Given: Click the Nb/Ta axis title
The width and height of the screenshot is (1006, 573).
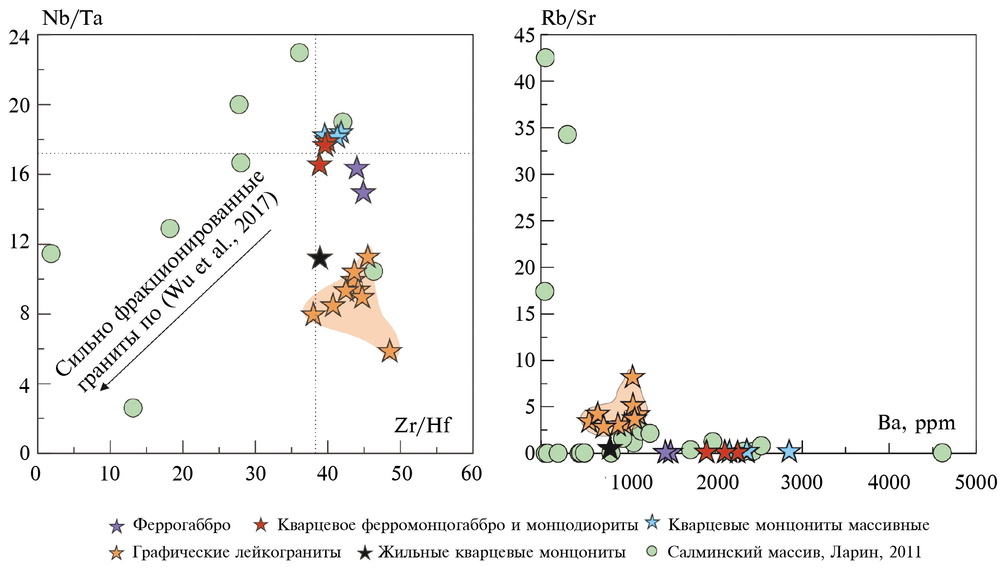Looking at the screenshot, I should coord(73,18).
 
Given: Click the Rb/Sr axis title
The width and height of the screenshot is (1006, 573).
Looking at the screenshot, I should coord(568,18).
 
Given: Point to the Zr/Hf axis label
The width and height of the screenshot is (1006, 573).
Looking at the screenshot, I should coord(422,425).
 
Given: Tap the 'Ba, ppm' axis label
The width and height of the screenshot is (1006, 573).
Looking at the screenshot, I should coord(916,423).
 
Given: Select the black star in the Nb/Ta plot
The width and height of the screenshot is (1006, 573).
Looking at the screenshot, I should coord(319,258).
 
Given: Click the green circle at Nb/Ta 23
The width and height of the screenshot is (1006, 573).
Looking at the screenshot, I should coord(299,53).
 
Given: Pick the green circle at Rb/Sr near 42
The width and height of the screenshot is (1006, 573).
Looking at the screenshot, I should coord(545,57).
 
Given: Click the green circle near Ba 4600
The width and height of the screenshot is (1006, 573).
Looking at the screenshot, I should coord(942,452).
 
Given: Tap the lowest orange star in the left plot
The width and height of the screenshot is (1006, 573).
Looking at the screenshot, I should coord(389,351).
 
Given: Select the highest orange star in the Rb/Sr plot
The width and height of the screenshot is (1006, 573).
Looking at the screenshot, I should coord(632,376).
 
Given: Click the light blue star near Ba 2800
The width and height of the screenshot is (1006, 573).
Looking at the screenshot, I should coord(789,452).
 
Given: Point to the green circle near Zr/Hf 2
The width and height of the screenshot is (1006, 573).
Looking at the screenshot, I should coord(51,253).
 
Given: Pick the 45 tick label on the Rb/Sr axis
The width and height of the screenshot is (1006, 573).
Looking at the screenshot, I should coord(525,36).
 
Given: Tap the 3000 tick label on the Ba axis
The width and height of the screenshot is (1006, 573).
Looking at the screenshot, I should coord(802,482).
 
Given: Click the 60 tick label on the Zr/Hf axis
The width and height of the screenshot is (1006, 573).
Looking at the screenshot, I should coord(471,474).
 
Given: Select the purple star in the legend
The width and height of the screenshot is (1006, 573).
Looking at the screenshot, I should coord(117,526).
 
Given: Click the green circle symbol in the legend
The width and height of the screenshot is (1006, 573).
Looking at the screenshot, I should coord(652,552).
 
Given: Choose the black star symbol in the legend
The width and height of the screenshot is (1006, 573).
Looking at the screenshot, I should coord(365,553).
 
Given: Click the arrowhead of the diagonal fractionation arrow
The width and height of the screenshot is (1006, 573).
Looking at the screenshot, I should coord(103,388).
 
